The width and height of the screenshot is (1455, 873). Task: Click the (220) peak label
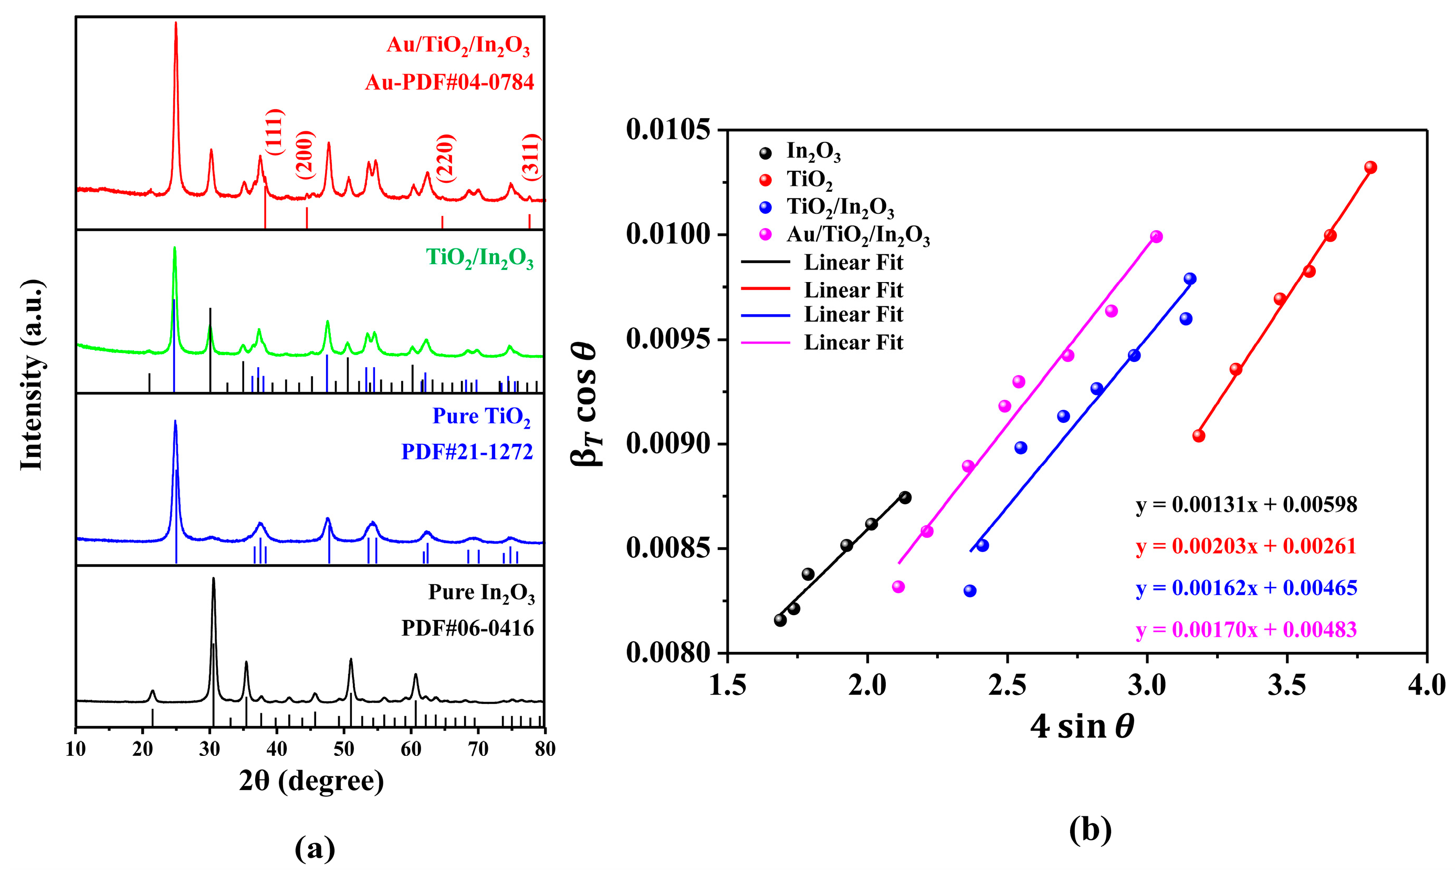click(445, 158)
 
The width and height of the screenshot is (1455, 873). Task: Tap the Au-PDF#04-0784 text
click(449, 82)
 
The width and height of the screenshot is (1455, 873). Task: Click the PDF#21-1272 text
click(467, 452)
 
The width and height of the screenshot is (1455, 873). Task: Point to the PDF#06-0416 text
click(467, 628)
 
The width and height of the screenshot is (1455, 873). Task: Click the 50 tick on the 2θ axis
click(344, 749)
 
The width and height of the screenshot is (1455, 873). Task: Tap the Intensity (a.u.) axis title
click(33, 375)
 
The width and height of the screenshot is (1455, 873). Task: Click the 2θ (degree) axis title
click(311, 781)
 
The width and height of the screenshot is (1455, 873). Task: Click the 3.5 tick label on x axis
click(1286, 686)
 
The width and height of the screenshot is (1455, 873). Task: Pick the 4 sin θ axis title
click(1082, 727)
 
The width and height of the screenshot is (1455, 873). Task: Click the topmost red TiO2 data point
click(1370, 167)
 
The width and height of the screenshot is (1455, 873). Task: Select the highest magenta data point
click(1156, 236)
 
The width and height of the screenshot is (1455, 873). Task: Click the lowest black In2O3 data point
click(780, 620)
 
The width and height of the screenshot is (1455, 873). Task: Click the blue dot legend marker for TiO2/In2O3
click(766, 207)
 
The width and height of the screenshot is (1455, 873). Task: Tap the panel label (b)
click(1090, 829)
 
